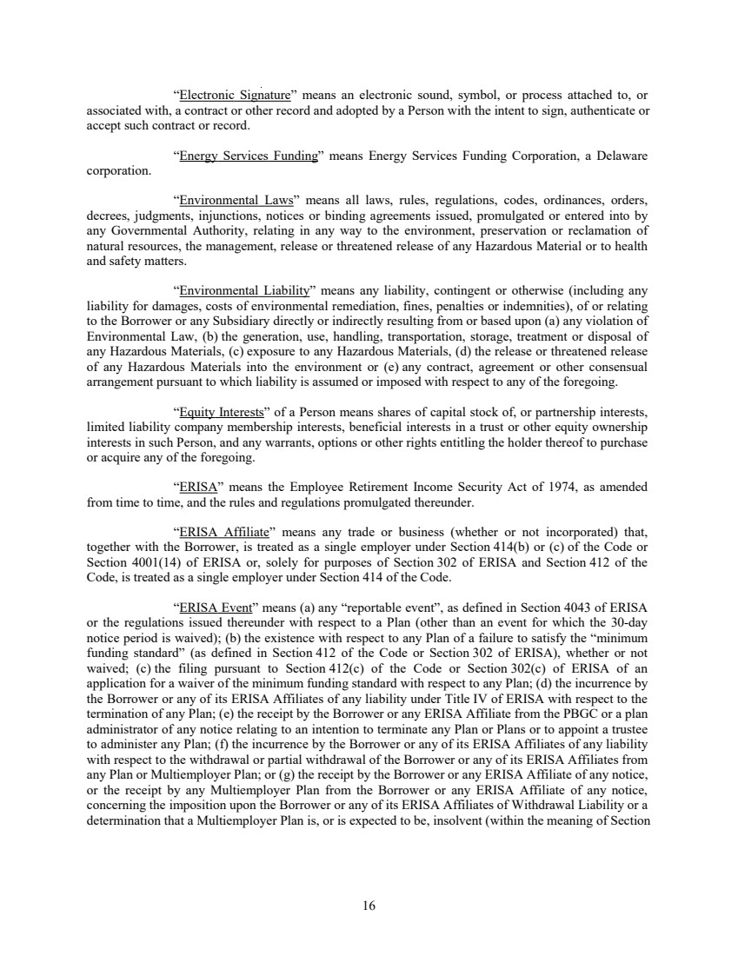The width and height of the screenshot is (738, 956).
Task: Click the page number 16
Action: point(369,906)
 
